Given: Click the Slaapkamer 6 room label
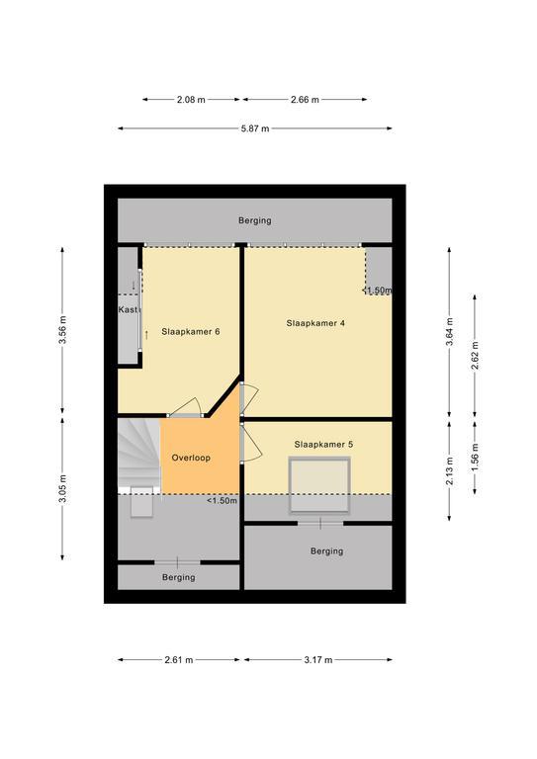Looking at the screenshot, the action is click(191, 332).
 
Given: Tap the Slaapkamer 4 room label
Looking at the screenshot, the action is click(315, 323).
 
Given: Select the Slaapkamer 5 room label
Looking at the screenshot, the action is click(323, 445).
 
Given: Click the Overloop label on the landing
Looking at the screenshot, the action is click(191, 458).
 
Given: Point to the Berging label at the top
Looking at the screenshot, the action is click(255, 220).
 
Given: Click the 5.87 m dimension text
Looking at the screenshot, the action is click(255, 128).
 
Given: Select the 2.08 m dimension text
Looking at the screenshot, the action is click(191, 100).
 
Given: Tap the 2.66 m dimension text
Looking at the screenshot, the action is click(305, 100).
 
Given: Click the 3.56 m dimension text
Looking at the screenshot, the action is click(62, 330).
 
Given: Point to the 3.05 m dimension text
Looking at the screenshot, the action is click(62, 488).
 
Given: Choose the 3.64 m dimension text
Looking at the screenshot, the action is click(449, 332).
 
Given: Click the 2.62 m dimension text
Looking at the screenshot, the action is click(475, 356).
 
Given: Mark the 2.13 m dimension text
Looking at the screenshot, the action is click(449, 471).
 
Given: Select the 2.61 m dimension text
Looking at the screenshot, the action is click(179, 660).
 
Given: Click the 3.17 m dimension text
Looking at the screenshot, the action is click(318, 660).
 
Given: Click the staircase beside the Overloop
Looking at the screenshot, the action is click(139, 456).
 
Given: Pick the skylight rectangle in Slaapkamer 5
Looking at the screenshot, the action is click(319, 484).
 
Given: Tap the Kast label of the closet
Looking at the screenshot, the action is click(129, 309).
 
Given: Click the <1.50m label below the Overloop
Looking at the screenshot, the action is click(223, 500).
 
